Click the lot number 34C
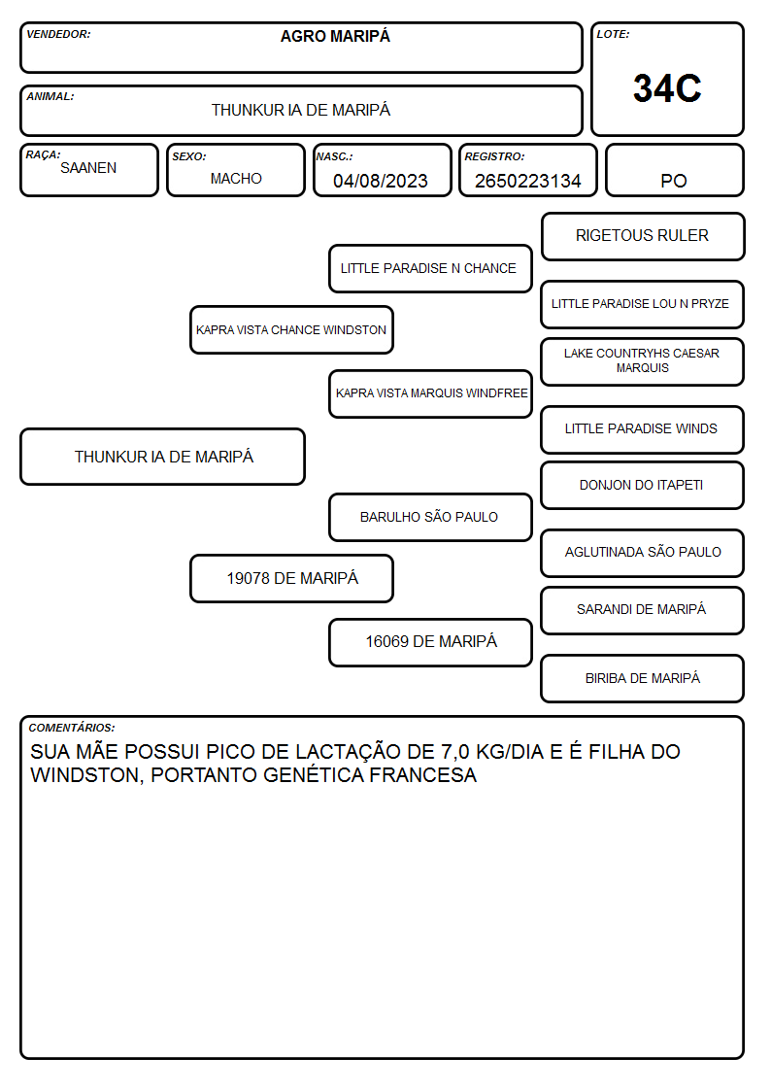[667, 88]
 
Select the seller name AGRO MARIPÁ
[335, 36]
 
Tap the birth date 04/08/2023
[381, 181]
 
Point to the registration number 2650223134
[527, 181]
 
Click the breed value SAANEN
[88, 168]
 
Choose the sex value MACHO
[236, 179]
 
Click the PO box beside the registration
[674, 170]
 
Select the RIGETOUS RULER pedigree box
[643, 237]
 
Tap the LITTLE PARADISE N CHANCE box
[430, 268]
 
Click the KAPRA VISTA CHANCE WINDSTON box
[291, 329]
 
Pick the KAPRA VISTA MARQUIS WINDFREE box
[430, 393]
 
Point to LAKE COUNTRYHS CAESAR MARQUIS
[642, 361]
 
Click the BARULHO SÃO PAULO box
[430, 517]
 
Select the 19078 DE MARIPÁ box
[291, 578]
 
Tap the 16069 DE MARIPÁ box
[430, 642]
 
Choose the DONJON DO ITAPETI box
[642, 485]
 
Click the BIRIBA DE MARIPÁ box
[642, 678]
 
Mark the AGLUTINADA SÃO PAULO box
[642, 553]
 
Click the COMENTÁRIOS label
[72, 728]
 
